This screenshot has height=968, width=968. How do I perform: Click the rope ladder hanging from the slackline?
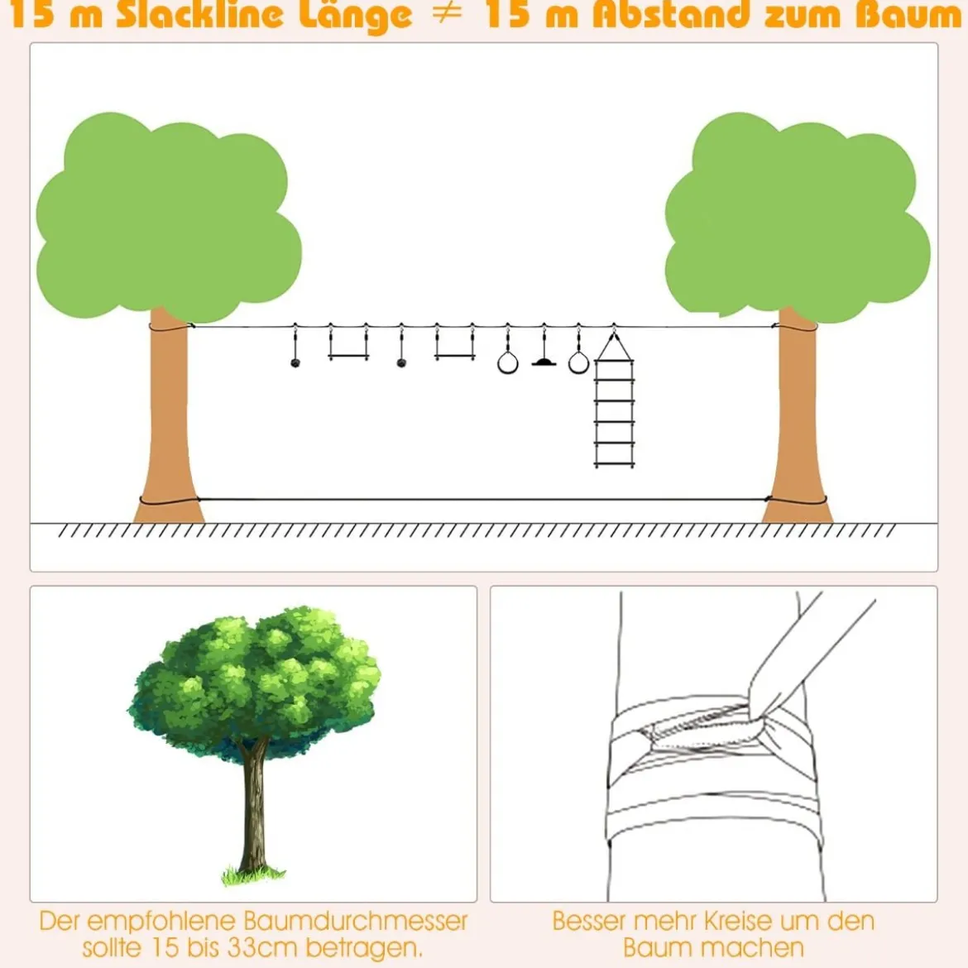pyautogui.click(x=614, y=401)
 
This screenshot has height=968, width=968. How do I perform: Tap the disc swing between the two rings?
pyautogui.click(x=544, y=362)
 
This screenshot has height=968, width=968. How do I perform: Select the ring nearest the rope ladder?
pyautogui.click(x=578, y=362)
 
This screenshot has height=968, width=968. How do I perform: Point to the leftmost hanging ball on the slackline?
pyautogui.click(x=295, y=362)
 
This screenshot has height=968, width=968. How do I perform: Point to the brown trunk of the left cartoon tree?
pyautogui.click(x=169, y=419)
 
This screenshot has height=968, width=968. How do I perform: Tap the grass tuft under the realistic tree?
pyautogui.click(x=253, y=875)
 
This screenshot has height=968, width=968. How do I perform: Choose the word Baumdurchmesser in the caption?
pyautogui.click(x=356, y=921)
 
